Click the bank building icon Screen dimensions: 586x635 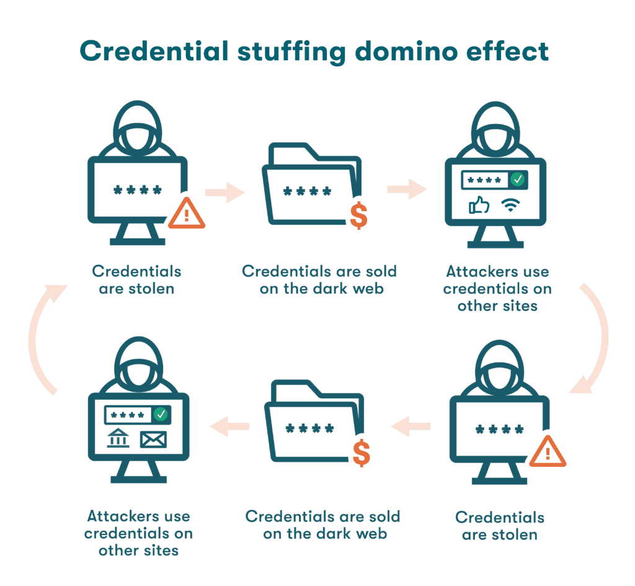click(x=118, y=439)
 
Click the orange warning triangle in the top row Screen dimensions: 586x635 click(x=187, y=214)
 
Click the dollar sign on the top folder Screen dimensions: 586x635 click(x=358, y=215)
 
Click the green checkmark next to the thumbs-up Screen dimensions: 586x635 click(x=517, y=180)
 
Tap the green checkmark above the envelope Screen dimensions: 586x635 click(x=161, y=413)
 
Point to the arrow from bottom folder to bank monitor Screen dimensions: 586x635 click(x=229, y=426)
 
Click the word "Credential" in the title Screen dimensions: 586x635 click(x=154, y=52)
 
